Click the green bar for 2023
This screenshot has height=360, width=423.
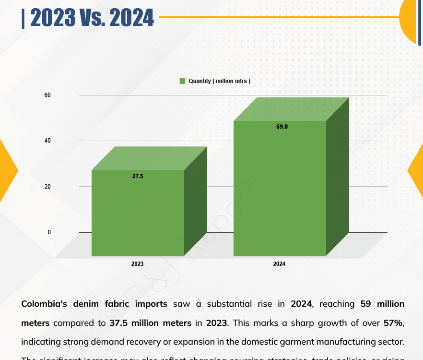[x=138, y=213]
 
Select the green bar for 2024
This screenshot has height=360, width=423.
[x=280, y=188]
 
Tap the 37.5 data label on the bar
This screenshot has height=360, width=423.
[x=138, y=176]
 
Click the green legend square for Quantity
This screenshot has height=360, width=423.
[x=182, y=81]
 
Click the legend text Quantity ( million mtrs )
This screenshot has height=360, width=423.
[x=219, y=81]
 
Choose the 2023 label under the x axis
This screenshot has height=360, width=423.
[x=137, y=264]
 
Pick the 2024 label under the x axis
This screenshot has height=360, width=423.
[x=279, y=264]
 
